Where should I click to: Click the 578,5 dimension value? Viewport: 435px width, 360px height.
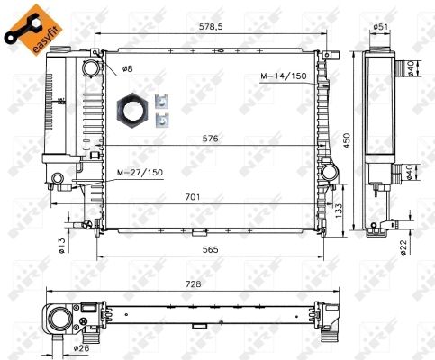pyautogui.click(x=211, y=27)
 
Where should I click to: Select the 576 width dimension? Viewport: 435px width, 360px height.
pyautogui.click(x=210, y=139)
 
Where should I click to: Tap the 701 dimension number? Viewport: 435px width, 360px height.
pyautogui.click(x=193, y=197)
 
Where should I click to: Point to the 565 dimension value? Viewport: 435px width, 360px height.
pyautogui.click(x=210, y=249)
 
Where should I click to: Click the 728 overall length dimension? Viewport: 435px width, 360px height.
pyautogui.click(x=193, y=283)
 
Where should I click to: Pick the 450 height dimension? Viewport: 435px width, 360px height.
pyautogui.click(x=347, y=140)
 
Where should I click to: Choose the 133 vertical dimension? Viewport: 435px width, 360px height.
pyautogui.click(x=339, y=211)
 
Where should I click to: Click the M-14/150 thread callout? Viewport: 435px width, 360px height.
pyautogui.click(x=284, y=76)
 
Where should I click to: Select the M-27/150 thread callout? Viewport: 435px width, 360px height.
pyautogui.click(x=140, y=173)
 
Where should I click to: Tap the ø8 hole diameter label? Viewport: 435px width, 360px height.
pyautogui.click(x=127, y=69)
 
